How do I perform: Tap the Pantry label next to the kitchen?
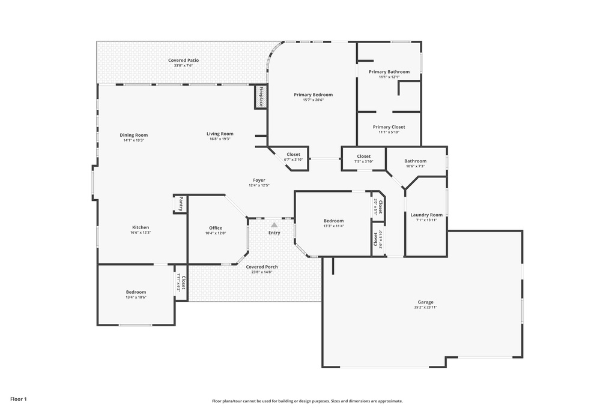pyautogui.click(x=180, y=204)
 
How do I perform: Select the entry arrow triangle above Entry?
pyautogui.click(x=274, y=224)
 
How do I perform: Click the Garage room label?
pyautogui.click(x=425, y=302)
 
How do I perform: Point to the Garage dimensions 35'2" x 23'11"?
pyautogui.click(x=425, y=307)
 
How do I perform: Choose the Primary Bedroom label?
pyautogui.click(x=313, y=94)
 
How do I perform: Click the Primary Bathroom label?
pyautogui.click(x=389, y=71)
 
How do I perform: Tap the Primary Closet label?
pyautogui.click(x=389, y=127)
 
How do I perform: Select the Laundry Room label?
pyautogui.click(x=426, y=215)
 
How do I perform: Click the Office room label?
pyautogui.click(x=216, y=228)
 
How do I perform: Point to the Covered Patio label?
pyautogui.click(x=183, y=60)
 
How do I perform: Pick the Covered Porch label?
pyautogui.click(x=262, y=266)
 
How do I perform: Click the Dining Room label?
pyautogui.click(x=133, y=135)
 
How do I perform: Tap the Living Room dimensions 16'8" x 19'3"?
pyautogui.click(x=220, y=139)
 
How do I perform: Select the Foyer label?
pyautogui.click(x=259, y=180)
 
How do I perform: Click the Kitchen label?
pyautogui.click(x=141, y=227)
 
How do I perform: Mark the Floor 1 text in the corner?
pyautogui.click(x=19, y=399)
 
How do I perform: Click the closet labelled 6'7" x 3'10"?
pyautogui.click(x=293, y=157)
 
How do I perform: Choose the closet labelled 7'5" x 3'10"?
pyautogui.click(x=363, y=158)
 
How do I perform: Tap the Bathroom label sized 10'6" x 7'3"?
pyautogui.click(x=415, y=161)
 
